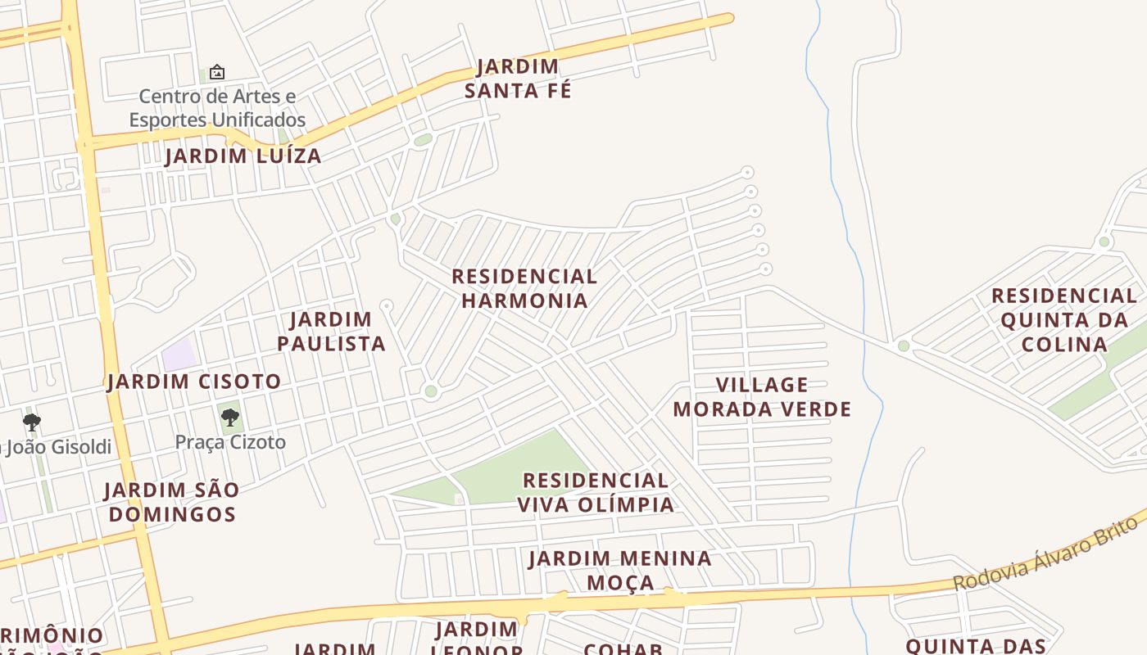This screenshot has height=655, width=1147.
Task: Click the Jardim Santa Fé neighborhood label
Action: coord(518,79)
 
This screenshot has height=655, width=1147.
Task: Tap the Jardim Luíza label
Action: coord(243,156)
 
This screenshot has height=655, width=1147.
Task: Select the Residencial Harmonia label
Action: coord(524,288)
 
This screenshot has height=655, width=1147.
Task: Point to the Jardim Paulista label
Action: coord(331,332)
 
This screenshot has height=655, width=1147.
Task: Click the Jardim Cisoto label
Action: coord(194,382)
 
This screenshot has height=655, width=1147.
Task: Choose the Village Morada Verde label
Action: coord(762,397)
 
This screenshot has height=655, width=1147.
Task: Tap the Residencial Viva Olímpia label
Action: coord(596,492)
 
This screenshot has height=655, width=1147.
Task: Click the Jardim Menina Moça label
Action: coord(620,571)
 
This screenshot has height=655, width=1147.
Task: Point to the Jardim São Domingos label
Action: coord(172,502)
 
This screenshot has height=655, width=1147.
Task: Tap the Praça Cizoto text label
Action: coord(230,443)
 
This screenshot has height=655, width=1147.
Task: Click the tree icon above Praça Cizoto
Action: coord(230,418)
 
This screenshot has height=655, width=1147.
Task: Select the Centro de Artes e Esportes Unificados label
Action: coord(217,108)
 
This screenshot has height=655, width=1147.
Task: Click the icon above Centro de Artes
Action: coord(217,72)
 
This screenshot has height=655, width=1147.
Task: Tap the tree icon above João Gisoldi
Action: coord(32,422)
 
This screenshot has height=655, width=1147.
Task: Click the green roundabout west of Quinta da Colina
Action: coord(904,346)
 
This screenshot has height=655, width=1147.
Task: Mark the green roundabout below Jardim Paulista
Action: coord(431,391)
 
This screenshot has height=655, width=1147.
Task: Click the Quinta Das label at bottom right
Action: coord(976,646)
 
